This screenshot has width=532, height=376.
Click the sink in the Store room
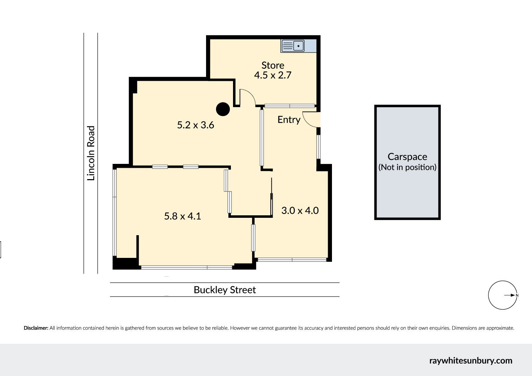(293, 46)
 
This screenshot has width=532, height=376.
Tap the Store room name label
(273, 65)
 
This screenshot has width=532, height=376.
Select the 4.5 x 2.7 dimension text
(273, 75)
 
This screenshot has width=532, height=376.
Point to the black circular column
(223, 109)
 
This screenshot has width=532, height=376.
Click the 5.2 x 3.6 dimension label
(195, 125)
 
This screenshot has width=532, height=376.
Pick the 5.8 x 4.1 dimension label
(182, 216)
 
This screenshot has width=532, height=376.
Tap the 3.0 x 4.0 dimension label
(300, 210)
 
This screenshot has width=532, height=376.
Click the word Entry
(289, 120)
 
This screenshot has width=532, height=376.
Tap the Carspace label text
(407, 157)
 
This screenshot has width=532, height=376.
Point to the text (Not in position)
(407, 167)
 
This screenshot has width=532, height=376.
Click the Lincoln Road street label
(91, 153)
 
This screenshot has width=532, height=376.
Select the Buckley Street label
(225, 290)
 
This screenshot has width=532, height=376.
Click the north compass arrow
(509, 295)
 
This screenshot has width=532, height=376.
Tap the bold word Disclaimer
(36, 328)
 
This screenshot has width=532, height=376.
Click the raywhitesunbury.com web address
(471, 360)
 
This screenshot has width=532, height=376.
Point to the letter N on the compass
(517, 295)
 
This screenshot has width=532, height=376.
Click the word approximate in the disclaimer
(500, 328)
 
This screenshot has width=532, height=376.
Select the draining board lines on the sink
(287, 45)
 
